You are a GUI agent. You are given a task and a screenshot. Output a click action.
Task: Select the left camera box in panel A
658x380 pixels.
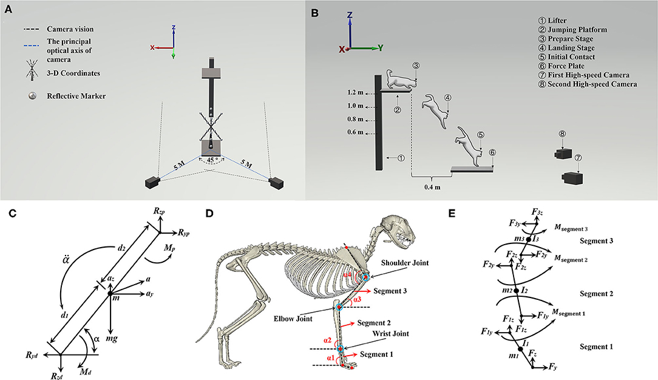(x=152, y=183)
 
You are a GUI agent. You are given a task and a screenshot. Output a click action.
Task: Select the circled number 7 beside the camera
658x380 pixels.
(x=578, y=157)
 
